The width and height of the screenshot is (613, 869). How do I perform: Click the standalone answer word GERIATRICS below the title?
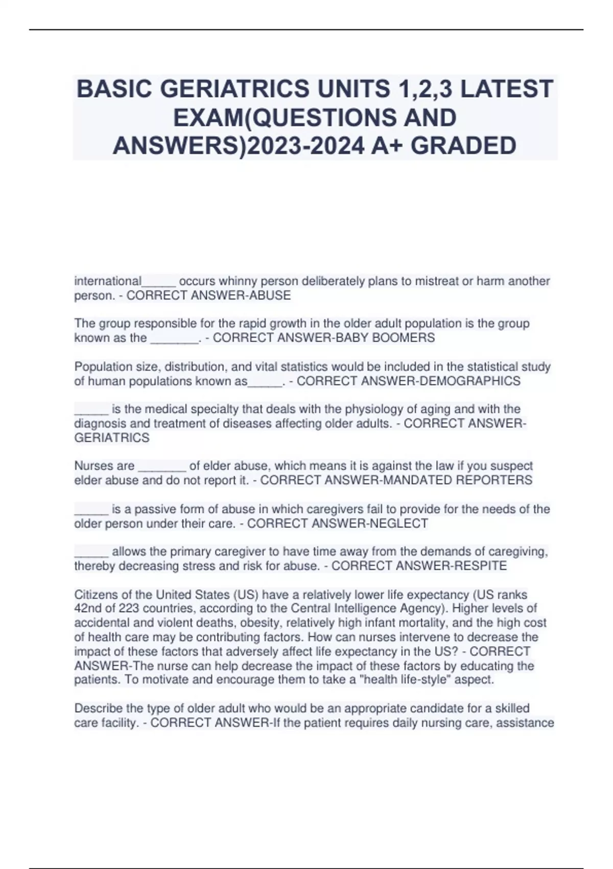[112, 438]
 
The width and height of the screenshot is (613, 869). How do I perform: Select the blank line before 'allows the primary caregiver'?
[91, 553]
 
